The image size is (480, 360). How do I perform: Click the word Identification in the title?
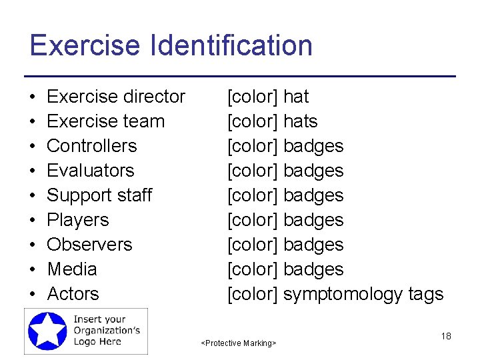(233, 46)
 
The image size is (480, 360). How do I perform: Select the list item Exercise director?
(116, 97)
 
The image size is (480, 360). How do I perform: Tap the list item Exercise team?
(105, 121)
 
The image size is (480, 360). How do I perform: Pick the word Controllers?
(91, 146)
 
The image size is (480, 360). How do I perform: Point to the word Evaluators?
(90, 171)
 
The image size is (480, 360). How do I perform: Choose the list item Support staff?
(99, 195)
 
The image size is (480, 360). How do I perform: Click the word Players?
(77, 220)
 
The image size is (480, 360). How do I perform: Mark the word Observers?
(89, 245)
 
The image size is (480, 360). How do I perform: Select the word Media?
(71, 269)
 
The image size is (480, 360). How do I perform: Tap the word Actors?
(73, 294)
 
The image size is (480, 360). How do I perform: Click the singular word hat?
(296, 97)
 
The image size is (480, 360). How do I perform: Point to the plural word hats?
(300, 121)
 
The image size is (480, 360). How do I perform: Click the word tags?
(425, 295)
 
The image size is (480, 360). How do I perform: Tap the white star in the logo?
(48, 331)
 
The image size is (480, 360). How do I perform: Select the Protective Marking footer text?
(239, 343)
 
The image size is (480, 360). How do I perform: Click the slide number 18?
(446, 336)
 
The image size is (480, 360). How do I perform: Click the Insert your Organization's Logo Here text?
(106, 330)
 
